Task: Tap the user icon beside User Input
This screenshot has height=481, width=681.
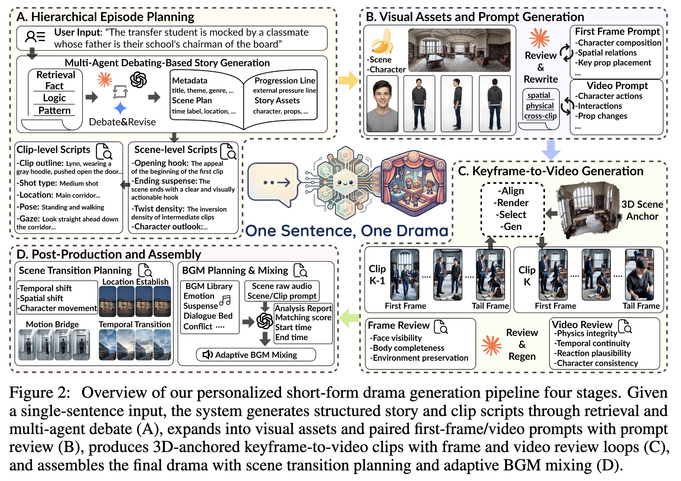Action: coord(35,37)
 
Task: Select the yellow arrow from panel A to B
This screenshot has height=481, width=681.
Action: coord(349,80)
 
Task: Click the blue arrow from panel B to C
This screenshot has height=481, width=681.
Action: coord(550,150)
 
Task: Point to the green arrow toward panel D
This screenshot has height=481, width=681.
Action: coord(350,318)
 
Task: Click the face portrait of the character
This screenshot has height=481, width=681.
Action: coord(382,104)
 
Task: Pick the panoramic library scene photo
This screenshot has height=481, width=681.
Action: coord(459,50)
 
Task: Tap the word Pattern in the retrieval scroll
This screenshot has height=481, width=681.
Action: coord(54,110)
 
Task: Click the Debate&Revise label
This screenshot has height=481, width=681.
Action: coord(122,122)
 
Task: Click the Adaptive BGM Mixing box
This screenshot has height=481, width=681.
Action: coord(256,355)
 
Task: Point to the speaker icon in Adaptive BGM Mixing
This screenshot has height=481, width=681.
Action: coord(207,355)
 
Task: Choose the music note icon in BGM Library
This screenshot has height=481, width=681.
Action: coord(225,301)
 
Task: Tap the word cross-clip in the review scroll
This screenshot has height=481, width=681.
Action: coord(540,116)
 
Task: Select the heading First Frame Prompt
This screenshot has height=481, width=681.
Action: coord(617,32)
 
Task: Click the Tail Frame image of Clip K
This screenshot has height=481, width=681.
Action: coord(639,275)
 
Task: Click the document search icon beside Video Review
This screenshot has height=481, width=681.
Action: coord(625,326)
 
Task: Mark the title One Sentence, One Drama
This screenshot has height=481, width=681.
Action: coord(347,231)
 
